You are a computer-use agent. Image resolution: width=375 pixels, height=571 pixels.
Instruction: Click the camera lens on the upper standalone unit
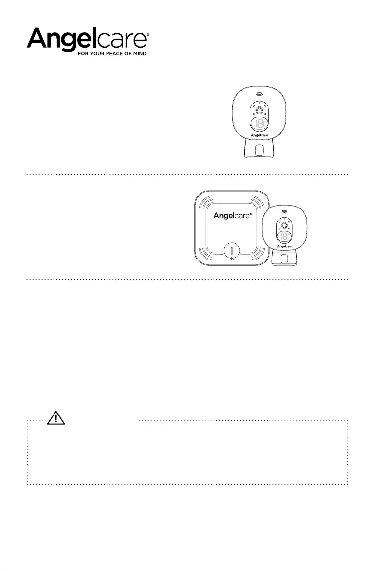pos(259,109)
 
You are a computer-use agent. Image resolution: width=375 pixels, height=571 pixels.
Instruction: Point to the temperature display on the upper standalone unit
pos(259,126)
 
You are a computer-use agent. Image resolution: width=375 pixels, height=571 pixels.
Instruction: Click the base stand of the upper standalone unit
pos(259,151)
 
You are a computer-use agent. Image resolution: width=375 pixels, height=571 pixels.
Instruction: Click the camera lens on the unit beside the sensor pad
pos(284,224)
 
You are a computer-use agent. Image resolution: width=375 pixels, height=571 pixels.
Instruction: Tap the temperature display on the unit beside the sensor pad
pos(284,237)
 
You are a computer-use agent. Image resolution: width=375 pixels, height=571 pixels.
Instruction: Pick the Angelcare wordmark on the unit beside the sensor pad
pos(284,246)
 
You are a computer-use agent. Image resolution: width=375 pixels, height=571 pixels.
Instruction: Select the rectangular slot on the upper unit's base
pos(259,151)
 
